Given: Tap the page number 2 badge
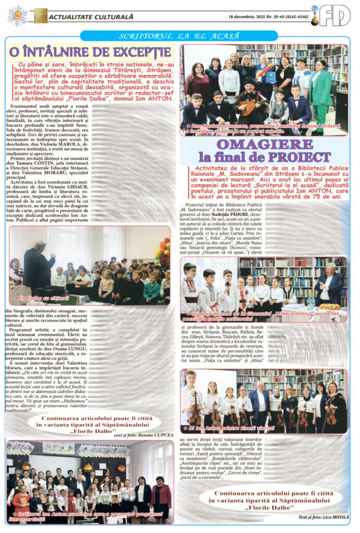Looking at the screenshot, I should (17, 15).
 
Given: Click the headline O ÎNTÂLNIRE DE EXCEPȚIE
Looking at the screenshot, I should (90, 52).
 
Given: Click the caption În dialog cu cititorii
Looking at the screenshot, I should (44, 298).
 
